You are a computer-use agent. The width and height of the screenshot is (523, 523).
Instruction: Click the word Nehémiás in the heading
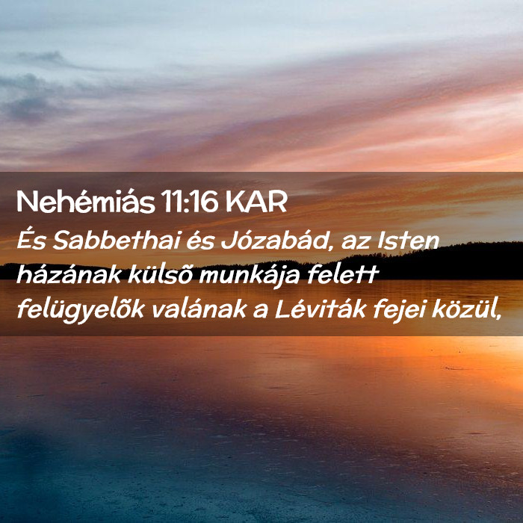(x=86, y=202)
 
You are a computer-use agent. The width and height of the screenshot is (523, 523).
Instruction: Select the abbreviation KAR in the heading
(x=256, y=202)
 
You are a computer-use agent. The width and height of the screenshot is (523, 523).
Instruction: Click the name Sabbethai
(x=117, y=240)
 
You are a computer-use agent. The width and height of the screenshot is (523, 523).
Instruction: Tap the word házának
(x=69, y=274)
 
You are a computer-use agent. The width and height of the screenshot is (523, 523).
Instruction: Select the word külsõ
(x=161, y=274)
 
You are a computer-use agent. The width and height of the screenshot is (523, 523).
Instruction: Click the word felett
(x=342, y=274)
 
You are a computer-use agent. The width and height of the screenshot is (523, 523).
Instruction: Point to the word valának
(x=199, y=309)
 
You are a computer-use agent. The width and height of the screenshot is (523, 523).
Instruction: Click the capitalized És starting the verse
(x=31, y=240)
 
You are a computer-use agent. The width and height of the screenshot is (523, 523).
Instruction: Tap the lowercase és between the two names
(x=200, y=241)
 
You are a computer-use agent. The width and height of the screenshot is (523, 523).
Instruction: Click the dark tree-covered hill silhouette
(x=433, y=261)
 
